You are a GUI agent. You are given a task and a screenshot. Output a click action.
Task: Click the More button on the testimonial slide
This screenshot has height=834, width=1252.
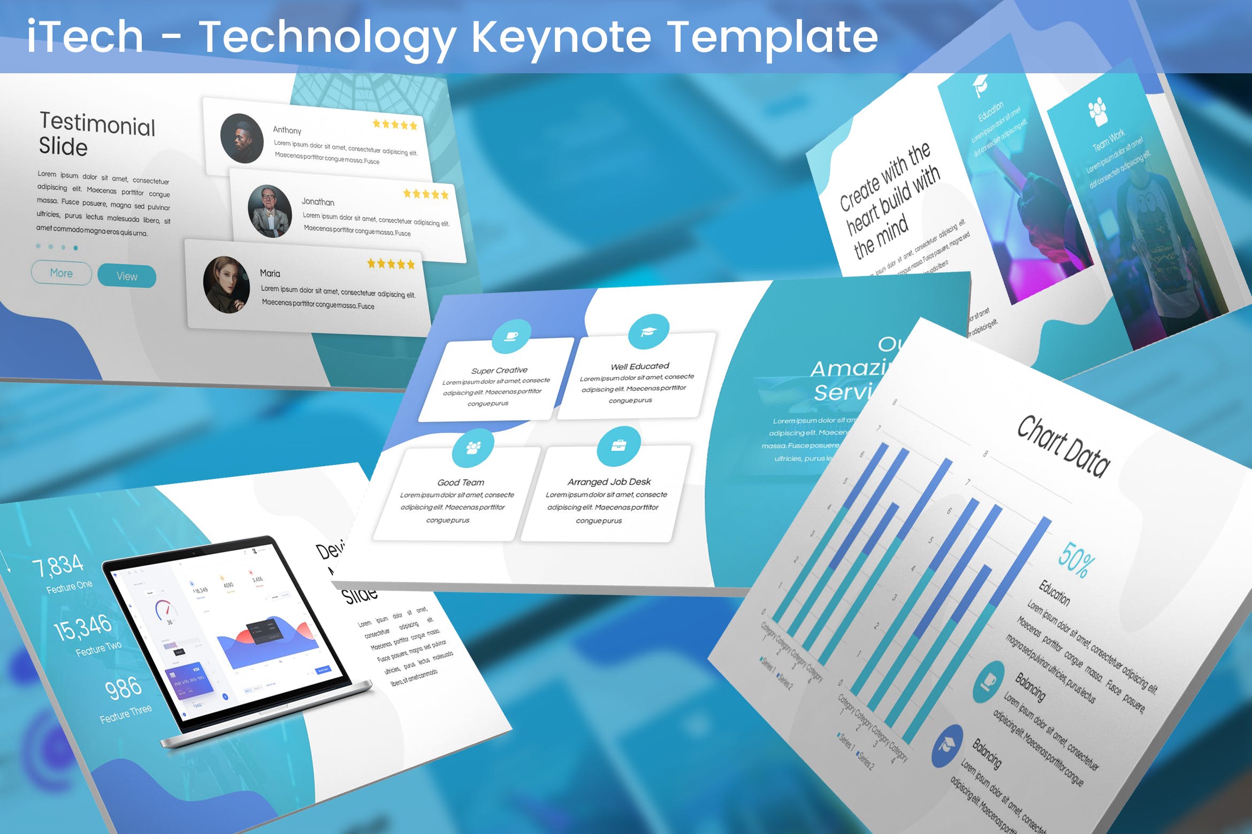click(x=61, y=273)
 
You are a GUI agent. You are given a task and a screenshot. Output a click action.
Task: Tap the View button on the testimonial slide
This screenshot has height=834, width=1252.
click(x=127, y=276)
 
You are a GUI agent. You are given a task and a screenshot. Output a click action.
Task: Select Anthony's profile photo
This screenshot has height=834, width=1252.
click(x=242, y=138)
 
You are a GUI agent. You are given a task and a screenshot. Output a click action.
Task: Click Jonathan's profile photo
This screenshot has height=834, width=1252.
click(x=270, y=211)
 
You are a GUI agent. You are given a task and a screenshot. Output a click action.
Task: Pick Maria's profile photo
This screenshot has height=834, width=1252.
click(x=226, y=284)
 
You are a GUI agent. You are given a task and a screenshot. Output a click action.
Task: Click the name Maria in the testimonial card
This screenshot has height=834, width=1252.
click(x=270, y=273)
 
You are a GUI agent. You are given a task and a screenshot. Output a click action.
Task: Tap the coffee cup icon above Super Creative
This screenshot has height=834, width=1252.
click(x=511, y=336)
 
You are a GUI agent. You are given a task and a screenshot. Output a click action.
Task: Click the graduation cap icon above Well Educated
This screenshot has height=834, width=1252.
click(x=648, y=331)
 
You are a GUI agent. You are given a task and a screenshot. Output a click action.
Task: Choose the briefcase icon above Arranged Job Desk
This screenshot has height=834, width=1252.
click(x=619, y=445)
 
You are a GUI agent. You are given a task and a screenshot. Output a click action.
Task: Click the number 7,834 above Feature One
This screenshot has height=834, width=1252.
click(x=58, y=566)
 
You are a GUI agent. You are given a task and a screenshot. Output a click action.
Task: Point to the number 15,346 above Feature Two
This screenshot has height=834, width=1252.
click(x=83, y=628)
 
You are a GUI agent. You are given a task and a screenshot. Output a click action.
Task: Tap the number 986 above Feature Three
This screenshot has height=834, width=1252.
click(x=123, y=689)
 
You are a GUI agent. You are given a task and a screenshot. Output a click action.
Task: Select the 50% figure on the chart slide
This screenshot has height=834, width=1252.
click(x=1076, y=560)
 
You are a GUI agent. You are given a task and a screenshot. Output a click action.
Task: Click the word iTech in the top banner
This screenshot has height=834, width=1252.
click(x=85, y=36)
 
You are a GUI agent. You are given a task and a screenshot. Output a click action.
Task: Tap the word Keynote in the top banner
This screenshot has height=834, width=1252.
click(x=561, y=36)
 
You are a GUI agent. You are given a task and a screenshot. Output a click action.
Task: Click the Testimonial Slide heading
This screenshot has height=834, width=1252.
click(x=97, y=134)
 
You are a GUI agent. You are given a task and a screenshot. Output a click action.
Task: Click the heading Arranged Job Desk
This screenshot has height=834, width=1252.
click(x=609, y=482)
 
